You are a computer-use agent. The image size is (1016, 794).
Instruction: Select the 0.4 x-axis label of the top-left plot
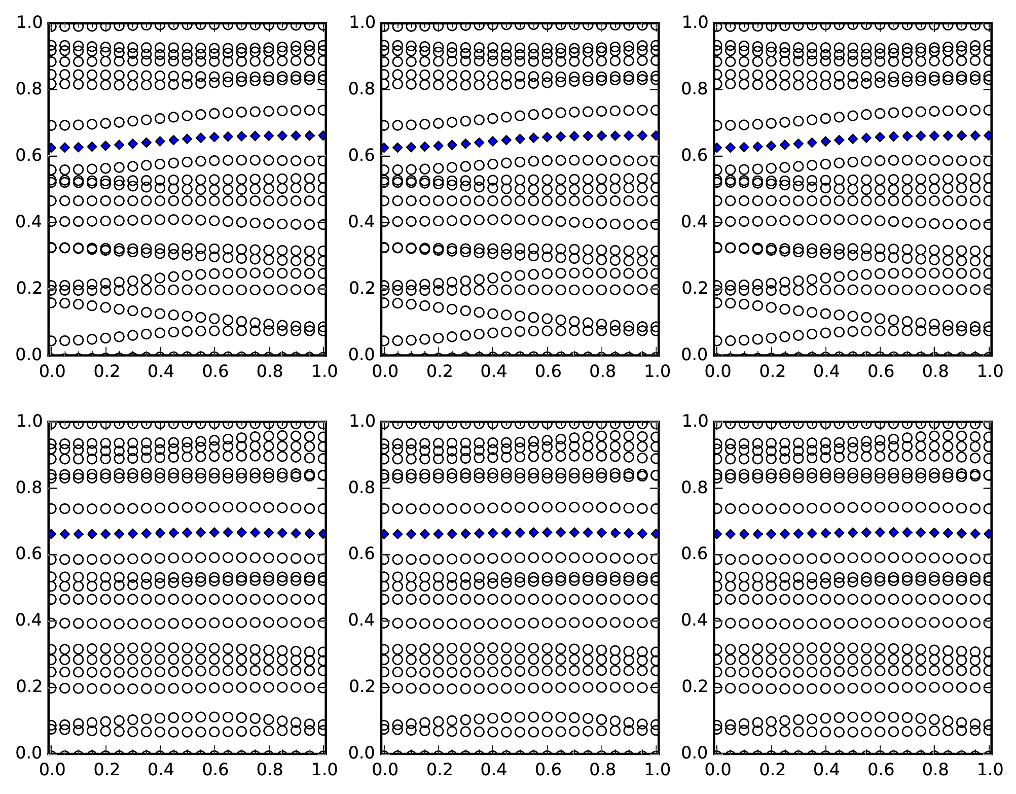(160, 372)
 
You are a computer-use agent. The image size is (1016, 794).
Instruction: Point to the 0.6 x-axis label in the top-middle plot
(548, 372)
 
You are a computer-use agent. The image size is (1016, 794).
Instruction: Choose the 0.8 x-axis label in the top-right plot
(935, 372)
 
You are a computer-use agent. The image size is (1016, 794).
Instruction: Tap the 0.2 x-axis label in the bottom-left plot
(105, 770)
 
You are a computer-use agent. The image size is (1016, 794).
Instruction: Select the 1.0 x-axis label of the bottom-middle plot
(657, 770)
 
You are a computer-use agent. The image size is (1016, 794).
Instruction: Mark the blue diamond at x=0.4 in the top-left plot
(160, 142)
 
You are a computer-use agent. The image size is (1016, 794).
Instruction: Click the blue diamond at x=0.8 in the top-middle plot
(602, 135)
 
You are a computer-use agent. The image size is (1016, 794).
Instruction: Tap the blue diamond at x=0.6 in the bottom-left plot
(214, 532)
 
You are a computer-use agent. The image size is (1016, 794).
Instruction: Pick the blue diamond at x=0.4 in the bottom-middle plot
(493, 533)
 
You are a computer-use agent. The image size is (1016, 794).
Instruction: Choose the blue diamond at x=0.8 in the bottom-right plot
(935, 533)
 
